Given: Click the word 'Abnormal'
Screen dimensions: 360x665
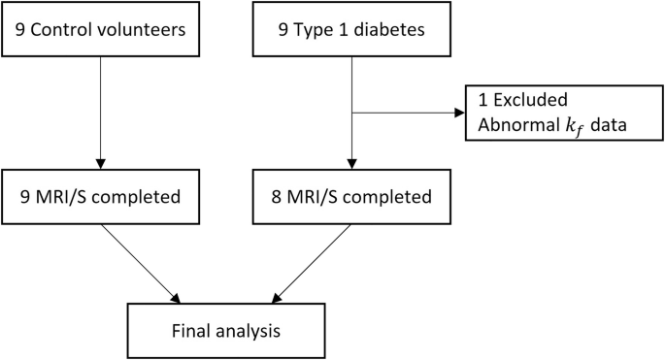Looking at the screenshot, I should [517, 126].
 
